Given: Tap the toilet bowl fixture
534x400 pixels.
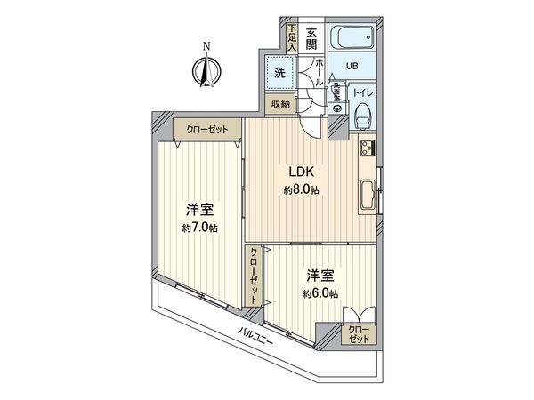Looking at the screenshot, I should (363, 114).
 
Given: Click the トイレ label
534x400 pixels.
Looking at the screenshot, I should (361, 90).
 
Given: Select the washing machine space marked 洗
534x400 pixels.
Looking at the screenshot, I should (279, 73).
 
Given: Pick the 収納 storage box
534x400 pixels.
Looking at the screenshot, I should (279, 105).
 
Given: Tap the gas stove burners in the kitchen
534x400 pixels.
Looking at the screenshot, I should (368, 148).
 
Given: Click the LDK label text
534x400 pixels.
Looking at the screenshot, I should (296, 172).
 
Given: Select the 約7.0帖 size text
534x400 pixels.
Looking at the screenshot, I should (200, 228).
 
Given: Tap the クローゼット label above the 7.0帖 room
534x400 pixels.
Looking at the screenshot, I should (207, 130).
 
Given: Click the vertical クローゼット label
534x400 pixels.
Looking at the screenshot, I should (254, 277).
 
